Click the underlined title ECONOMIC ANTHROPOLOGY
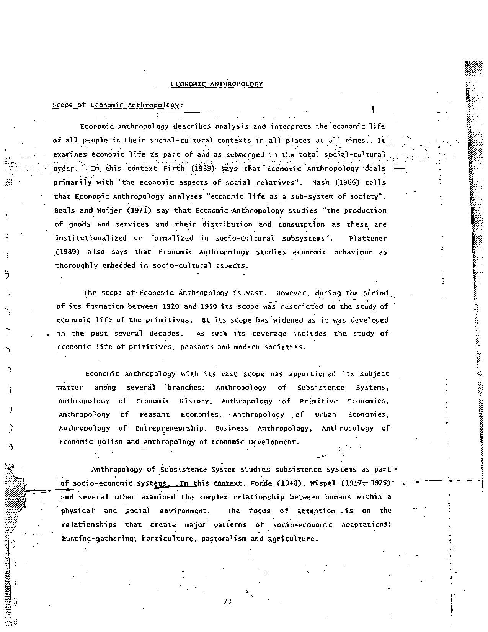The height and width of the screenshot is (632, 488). point(217,84)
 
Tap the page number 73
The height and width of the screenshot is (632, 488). point(227,601)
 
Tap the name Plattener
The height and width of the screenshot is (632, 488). point(368,238)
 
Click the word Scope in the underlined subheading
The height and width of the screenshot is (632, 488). point(62,105)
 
